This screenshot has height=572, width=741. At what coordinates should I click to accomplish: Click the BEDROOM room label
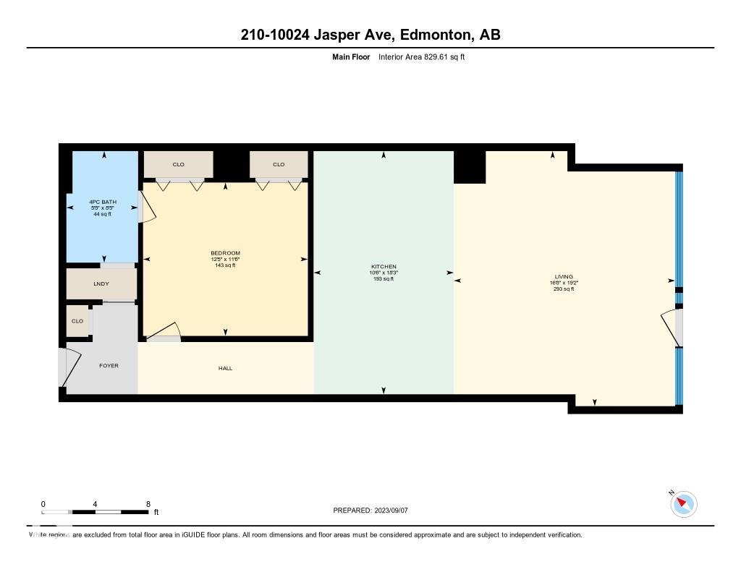tap(225, 253)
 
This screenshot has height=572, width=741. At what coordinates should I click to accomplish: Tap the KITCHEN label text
tap(384, 267)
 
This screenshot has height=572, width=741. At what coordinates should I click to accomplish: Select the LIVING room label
tap(564, 277)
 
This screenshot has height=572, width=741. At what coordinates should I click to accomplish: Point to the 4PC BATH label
tap(102, 202)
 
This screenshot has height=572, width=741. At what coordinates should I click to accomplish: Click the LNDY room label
tap(101, 283)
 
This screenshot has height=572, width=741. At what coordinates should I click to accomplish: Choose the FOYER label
tap(109, 365)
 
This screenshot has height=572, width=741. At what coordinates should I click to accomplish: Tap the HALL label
tap(226, 368)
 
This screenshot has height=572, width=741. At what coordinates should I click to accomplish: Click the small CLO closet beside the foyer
tap(77, 321)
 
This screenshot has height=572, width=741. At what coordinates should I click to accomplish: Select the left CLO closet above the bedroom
tap(178, 164)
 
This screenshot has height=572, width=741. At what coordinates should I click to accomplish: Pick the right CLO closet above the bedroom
tap(279, 164)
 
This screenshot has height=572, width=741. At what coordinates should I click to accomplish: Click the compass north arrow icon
tap(683, 504)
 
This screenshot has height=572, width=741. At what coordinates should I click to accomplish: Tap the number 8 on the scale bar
tap(148, 504)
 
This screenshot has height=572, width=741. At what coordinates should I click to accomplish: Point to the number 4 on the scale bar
tap(96, 504)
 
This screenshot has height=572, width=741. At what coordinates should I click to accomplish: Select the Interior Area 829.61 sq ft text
tap(421, 56)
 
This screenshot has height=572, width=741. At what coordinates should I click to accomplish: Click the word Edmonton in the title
tap(433, 35)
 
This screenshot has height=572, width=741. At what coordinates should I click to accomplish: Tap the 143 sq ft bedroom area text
tap(225, 265)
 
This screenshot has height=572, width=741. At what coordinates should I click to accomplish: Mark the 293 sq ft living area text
tap(564, 289)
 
